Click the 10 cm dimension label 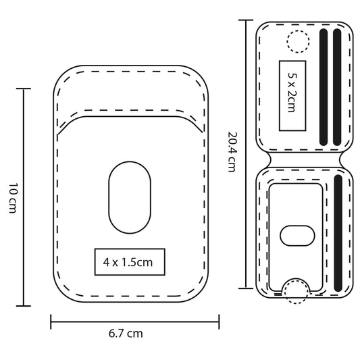click(x=13, y=198)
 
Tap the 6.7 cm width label click(x=126, y=334)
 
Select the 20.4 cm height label click(x=232, y=152)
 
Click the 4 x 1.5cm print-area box click(x=130, y=262)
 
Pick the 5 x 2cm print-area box click(x=292, y=96)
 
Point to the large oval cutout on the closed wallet click(x=130, y=197)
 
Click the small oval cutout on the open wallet click(x=297, y=236)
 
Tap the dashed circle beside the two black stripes click(x=298, y=42)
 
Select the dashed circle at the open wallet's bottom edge click(x=296, y=291)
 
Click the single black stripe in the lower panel click(x=338, y=233)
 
